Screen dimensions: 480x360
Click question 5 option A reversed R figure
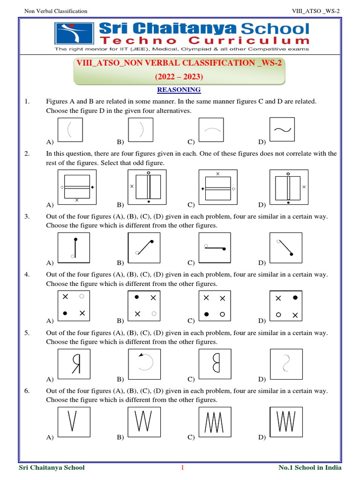tap(75, 363)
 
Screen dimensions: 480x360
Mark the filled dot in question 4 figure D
tap(295, 298)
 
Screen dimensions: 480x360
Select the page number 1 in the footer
tap(182, 467)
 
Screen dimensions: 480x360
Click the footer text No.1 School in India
tap(310, 467)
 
